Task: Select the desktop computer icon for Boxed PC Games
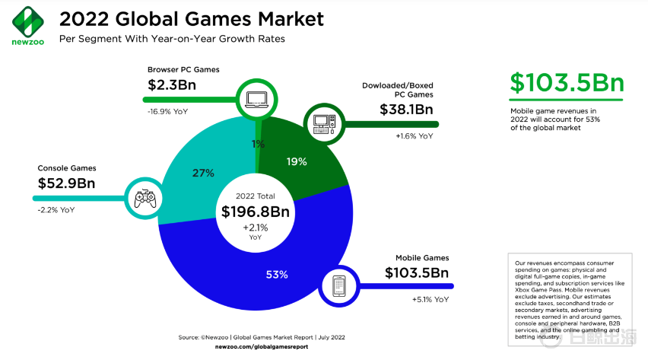(x=322, y=123)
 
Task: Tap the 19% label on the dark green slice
(x=297, y=161)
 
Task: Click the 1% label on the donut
(x=259, y=144)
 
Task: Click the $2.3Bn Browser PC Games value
(x=171, y=84)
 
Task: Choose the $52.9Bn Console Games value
(x=66, y=183)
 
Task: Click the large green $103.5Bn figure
(x=567, y=84)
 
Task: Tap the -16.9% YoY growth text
(x=168, y=111)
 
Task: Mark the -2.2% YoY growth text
(x=57, y=210)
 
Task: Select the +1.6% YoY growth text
(x=414, y=136)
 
